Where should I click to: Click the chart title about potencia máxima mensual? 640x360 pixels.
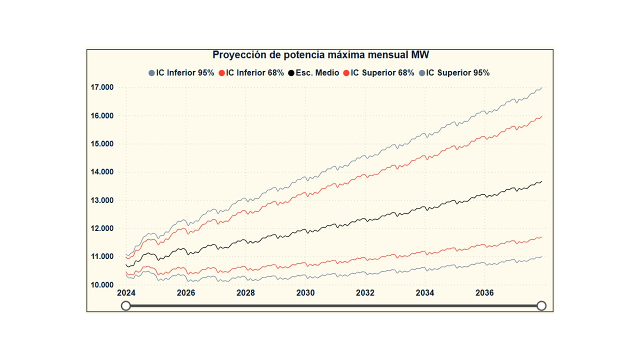320,55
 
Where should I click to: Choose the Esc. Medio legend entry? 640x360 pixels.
317,73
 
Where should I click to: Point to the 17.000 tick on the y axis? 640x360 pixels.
102,87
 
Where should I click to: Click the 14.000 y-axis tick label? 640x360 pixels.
102,172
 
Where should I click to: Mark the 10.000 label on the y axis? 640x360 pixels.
102,285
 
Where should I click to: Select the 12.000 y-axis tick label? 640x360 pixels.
102,228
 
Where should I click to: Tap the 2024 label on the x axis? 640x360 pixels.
126,293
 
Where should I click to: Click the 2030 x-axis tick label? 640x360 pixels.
305,293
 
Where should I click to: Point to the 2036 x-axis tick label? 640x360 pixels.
484,293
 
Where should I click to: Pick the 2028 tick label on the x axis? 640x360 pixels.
245,293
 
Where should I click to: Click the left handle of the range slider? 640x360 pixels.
126,305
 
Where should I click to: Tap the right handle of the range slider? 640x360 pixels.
541,305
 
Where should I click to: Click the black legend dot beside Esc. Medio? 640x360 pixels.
291,73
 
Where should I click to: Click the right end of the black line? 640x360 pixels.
541,181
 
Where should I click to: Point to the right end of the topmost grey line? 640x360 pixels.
541,87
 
